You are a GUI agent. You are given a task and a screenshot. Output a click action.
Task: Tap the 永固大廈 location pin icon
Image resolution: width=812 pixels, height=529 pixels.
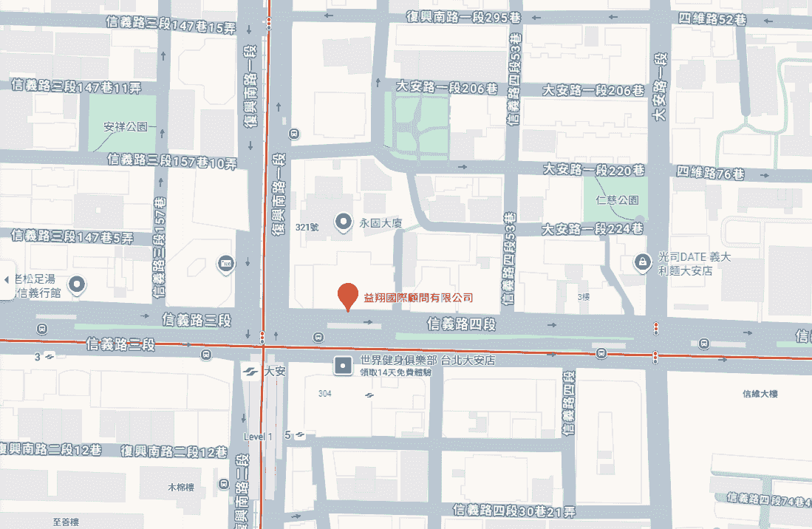[x=343, y=221]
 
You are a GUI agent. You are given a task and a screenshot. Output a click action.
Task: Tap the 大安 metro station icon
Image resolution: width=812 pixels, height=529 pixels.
[x=251, y=372]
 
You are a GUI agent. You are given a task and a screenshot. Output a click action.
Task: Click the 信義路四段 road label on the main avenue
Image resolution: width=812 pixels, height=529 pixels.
[x=460, y=324]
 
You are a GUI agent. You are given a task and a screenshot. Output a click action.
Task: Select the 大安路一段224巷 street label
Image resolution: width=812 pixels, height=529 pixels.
[x=593, y=228]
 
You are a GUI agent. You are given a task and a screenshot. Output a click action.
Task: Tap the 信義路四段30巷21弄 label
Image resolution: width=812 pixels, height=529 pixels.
[x=514, y=511]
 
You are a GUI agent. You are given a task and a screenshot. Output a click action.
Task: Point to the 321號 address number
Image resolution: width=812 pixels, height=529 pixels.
[x=306, y=226]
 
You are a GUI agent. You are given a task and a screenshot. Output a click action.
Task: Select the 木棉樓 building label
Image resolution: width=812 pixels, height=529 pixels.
[x=180, y=488]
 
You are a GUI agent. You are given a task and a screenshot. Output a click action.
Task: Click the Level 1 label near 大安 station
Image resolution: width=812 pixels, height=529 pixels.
[x=258, y=437]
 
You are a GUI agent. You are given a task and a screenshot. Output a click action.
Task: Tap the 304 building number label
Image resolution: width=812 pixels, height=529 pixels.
[x=325, y=393]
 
